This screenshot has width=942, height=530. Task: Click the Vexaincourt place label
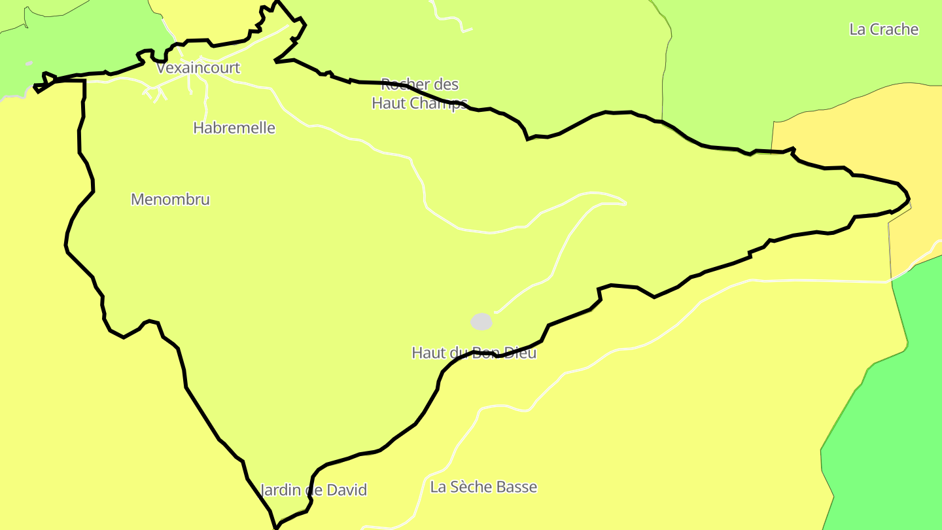tap(198, 68)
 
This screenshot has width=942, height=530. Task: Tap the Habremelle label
tap(234, 128)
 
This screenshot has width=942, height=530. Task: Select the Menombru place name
tap(170, 200)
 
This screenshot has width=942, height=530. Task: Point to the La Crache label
tap(884, 29)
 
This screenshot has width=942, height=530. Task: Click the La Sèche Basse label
tap(483, 487)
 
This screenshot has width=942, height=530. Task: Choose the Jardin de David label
tap(314, 490)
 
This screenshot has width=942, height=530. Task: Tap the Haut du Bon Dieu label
tap(474, 353)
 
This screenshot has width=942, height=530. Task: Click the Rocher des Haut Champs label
tap(419, 94)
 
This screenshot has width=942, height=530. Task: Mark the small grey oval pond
tap(481, 321)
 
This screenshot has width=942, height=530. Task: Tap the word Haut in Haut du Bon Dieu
tap(427, 353)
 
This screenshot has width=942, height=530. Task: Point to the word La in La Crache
tap(857, 29)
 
